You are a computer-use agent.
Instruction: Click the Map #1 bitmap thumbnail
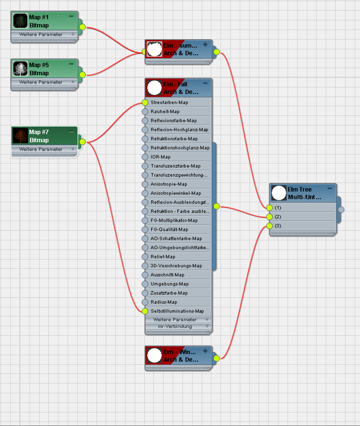tap(20, 21)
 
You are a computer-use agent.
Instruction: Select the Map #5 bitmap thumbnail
tap(20, 69)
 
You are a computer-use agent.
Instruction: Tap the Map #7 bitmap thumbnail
tap(20, 136)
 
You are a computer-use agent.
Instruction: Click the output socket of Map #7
tap(83, 142)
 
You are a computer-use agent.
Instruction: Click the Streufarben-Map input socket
tap(145, 102)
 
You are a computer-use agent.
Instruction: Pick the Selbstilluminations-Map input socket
tap(145, 311)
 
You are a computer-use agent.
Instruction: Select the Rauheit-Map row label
tap(165, 112)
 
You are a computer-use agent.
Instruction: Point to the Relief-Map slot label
tap(163, 256)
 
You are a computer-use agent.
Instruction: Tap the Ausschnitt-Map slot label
tap(168, 275)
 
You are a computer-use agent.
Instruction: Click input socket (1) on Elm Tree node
tap(269, 208)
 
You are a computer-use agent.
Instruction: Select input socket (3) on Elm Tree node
tap(269, 226)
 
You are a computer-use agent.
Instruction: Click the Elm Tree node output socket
tap(341, 210)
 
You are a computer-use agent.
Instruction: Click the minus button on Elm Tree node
tap(330, 188)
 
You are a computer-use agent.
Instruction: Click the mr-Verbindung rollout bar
tap(178, 326)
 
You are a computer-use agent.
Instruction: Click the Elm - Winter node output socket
tap(216, 358)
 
